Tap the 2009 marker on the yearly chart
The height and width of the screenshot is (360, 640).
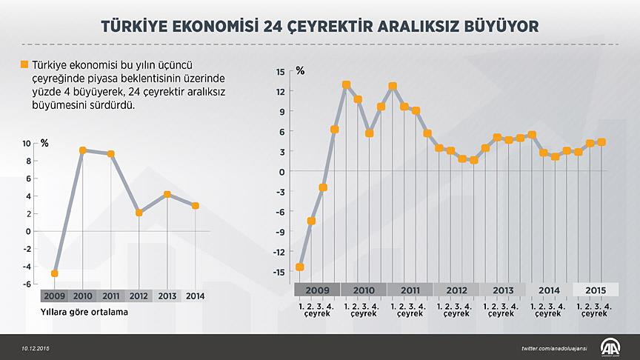pos(55,273)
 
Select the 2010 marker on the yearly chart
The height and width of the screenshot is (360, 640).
pos(82,150)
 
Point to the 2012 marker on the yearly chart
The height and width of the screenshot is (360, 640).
pos(139,213)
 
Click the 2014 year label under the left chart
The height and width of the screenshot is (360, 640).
pos(196,296)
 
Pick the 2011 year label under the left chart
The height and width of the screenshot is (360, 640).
pos(111,296)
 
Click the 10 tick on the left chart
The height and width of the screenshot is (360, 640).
pos(27,143)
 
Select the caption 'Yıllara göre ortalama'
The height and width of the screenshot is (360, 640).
pos(84,312)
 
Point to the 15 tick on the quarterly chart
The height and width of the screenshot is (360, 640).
pos(280,71)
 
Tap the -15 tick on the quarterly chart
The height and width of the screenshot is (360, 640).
pos(279,272)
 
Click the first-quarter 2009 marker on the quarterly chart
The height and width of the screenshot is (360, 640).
pos(300,267)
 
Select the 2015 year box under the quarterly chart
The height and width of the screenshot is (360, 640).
pos(596,290)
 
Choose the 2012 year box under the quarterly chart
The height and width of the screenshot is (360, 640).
pos(457,290)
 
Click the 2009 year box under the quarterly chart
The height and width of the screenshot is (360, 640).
pos(317,290)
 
